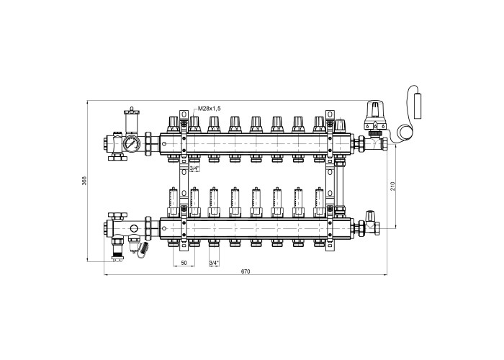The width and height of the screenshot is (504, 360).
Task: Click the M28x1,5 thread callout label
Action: (x=210, y=108)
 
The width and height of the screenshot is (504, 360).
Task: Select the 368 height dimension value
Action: (x=84, y=181)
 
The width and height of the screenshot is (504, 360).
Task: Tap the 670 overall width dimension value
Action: (x=246, y=271)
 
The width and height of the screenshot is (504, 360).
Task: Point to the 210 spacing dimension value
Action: (x=392, y=186)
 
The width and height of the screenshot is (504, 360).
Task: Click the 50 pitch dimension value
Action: (x=184, y=263)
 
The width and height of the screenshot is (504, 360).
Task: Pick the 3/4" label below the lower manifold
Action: (x=214, y=263)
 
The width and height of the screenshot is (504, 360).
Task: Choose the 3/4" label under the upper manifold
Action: (x=194, y=168)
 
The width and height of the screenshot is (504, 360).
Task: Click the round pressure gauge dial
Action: (x=131, y=143)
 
